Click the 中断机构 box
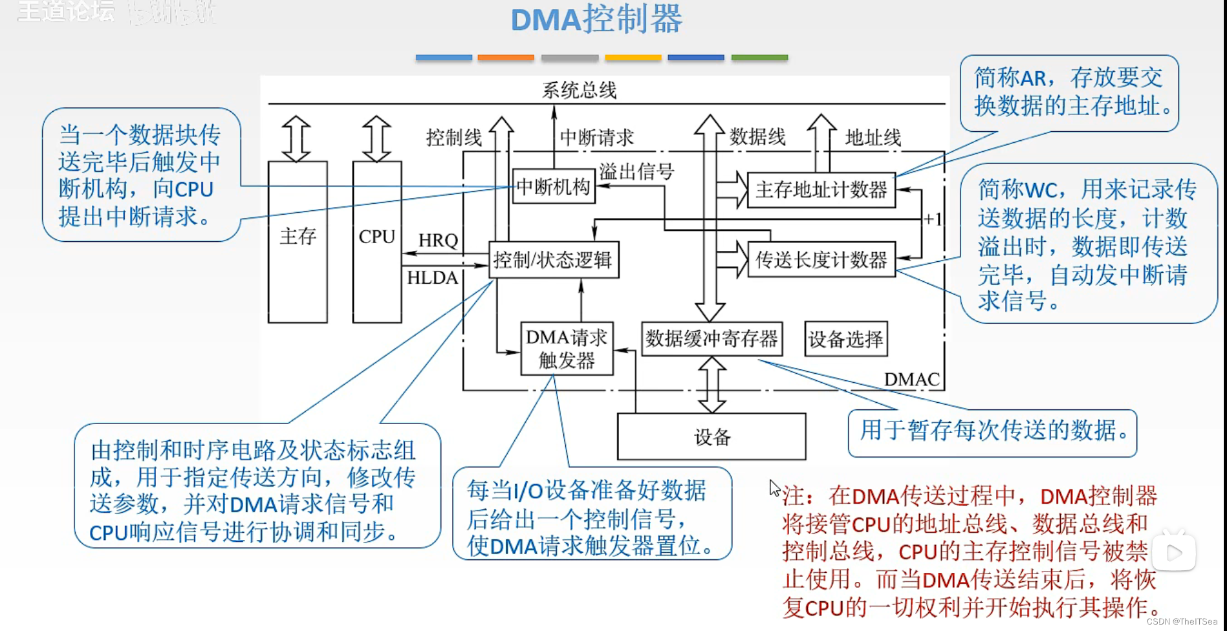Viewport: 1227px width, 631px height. point(554,187)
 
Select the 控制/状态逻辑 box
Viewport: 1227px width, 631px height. point(554,260)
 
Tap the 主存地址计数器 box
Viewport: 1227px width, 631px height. point(821,190)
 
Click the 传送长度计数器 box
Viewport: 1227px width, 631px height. point(821,260)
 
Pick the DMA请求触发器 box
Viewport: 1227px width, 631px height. point(567,349)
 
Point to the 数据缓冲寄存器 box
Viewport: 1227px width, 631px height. point(711,339)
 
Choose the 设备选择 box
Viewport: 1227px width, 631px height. point(845,339)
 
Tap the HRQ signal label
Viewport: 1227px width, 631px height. point(438,241)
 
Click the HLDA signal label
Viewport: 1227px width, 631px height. point(432,278)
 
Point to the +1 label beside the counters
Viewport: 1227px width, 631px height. point(932,219)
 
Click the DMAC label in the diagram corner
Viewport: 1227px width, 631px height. point(911,380)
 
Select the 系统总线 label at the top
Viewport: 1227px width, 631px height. point(579,90)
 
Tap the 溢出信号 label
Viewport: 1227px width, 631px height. point(636,171)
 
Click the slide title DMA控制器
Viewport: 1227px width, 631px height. point(596,19)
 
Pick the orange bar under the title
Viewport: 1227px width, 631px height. point(506,58)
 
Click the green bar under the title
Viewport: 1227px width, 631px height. point(759,58)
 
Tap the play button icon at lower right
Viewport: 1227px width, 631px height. point(1173,553)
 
